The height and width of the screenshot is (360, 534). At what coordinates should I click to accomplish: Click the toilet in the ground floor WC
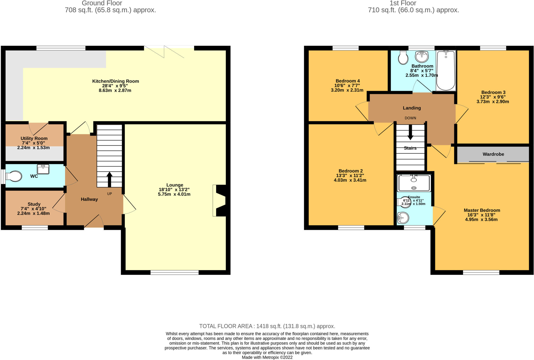pyautogui.click(x=14, y=176)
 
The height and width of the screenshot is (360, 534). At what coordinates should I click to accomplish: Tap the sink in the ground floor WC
pyautogui.click(x=43, y=169)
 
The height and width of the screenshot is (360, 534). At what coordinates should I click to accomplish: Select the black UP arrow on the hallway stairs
pyautogui.click(x=109, y=179)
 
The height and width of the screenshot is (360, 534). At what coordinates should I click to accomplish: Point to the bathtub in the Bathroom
pyautogui.click(x=446, y=70)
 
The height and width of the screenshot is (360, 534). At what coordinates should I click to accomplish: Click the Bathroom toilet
pyautogui.click(x=403, y=57)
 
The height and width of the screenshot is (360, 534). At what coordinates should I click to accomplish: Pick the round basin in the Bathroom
pyautogui.click(x=422, y=56)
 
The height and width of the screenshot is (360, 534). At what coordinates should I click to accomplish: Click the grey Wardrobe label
pyautogui.click(x=493, y=154)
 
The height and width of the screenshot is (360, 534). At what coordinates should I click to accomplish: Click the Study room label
pyautogui.click(x=34, y=204)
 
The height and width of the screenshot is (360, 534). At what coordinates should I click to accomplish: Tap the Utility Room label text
pyautogui.click(x=34, y=138)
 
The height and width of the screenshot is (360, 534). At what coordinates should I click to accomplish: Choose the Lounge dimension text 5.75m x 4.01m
pyautogui.click(x=174, y=194)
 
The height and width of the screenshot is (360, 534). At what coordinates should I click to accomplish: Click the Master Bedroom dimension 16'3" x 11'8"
pyautogui.click(x=481, y=215)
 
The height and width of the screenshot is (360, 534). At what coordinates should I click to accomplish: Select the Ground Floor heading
pyautogui.click(x=102, y=3)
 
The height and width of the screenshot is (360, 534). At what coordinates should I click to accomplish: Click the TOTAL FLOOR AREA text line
pyautogui.click(x=267, y=326)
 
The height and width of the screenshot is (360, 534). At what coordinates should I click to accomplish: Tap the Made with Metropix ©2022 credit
pyautogui.click(x=267, y=357)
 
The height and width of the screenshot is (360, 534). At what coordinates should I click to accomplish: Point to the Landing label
pyautogui.click(x=412, y=108)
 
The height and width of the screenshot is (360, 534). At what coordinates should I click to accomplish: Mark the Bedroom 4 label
pyautogui.click(x=348, y=81)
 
